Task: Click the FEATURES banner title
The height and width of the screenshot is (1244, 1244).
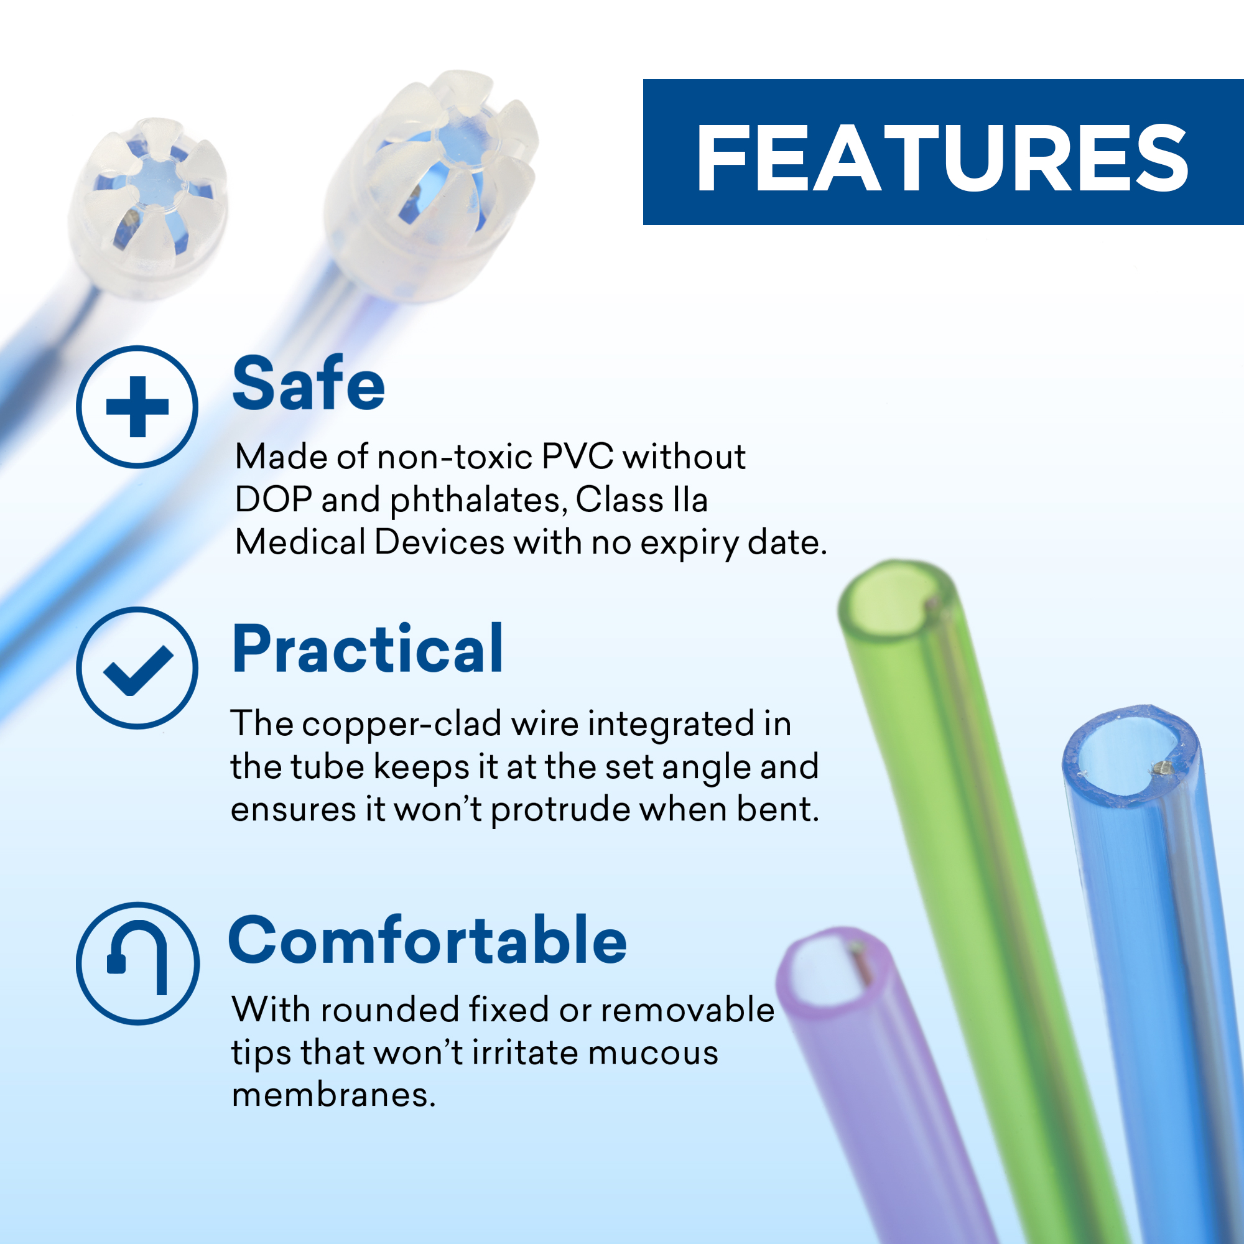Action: pos(942,158)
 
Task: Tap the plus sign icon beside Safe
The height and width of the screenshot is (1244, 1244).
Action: pos(137,407)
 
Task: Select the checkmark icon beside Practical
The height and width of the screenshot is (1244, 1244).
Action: pos(137,667)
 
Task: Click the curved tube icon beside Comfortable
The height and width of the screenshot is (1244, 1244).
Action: pos(137,963)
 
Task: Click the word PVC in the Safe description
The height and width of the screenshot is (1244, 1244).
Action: pos(578,457)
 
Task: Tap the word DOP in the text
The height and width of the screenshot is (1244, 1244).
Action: pos(274,499)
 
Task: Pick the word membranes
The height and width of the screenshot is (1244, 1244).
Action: pos(333,1095)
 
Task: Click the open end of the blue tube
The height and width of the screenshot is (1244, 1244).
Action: pos(1131,756)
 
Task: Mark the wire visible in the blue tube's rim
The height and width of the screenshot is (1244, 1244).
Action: pos(1163,767)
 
